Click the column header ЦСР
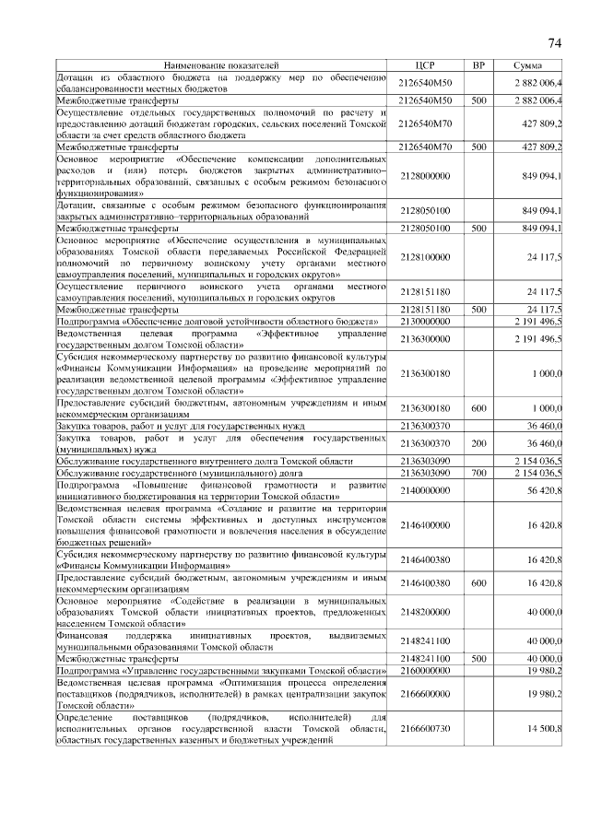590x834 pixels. point(425,66)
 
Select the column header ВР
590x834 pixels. point(478,66)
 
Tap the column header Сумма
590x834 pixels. point(528,66)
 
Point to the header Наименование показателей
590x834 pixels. point(220,66)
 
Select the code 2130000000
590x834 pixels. point(425,321)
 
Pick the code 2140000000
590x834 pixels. point(425,491)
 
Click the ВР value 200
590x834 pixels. point(478,443)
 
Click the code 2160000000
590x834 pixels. point(425,672)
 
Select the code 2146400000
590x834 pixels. point(425,524)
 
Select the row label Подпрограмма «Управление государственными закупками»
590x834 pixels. point(220,672)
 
